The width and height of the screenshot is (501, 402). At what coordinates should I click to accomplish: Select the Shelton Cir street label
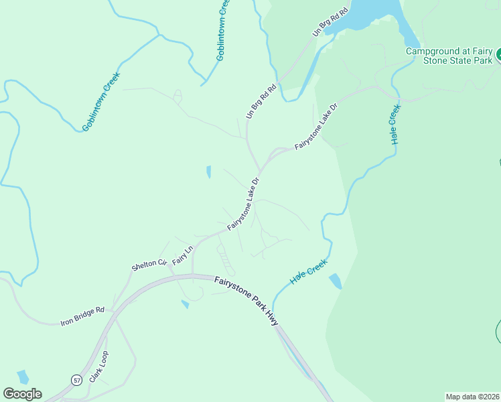tap(148, 264)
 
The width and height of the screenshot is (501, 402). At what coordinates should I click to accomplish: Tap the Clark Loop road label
tap(98, 365)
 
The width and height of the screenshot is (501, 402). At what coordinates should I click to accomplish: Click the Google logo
tap(22, 393)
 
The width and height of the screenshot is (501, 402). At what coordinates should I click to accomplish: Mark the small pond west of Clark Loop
tap(23, 377)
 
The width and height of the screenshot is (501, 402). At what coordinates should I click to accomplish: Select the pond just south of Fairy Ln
tap(185, 305)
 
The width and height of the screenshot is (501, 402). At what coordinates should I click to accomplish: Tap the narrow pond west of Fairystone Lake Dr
tap(208, 172)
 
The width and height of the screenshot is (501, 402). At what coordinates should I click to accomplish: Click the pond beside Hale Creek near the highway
tap(335, 281)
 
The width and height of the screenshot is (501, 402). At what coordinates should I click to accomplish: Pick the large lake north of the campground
tap(375, 13)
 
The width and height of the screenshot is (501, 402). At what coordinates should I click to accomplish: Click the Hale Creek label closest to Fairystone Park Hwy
tap(307, 271)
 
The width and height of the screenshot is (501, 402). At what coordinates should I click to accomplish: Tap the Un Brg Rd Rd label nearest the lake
tap(331, 23)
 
